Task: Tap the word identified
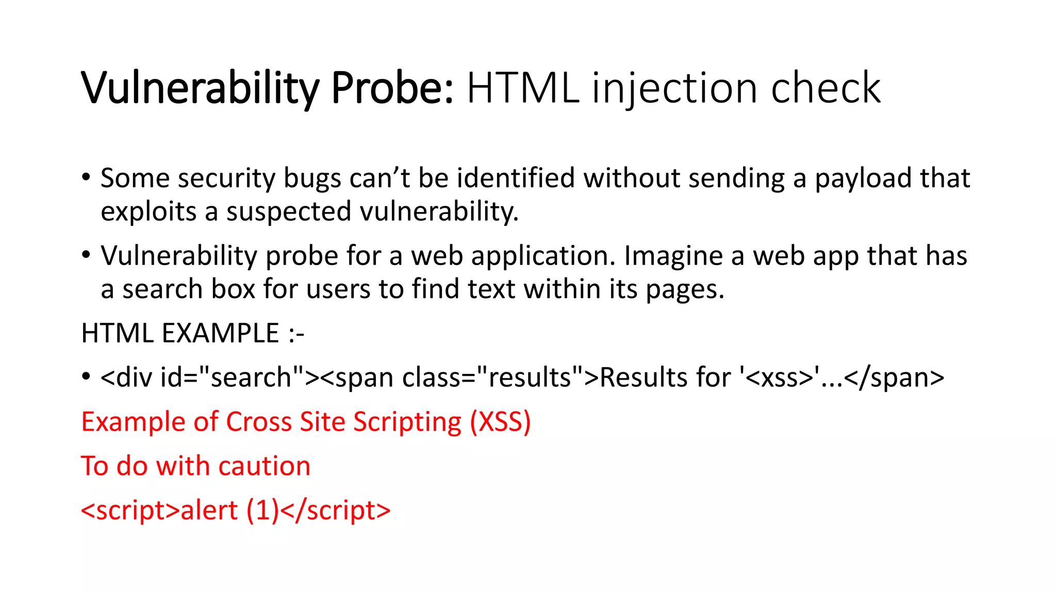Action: [x=516, y=178]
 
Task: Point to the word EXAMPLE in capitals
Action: [x=220, y=333]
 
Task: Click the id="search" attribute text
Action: [x=232, y=377]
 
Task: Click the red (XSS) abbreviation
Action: [x=500, y=422]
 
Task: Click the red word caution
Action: [x=264, y=466]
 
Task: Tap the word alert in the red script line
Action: [x=209, y=510]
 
